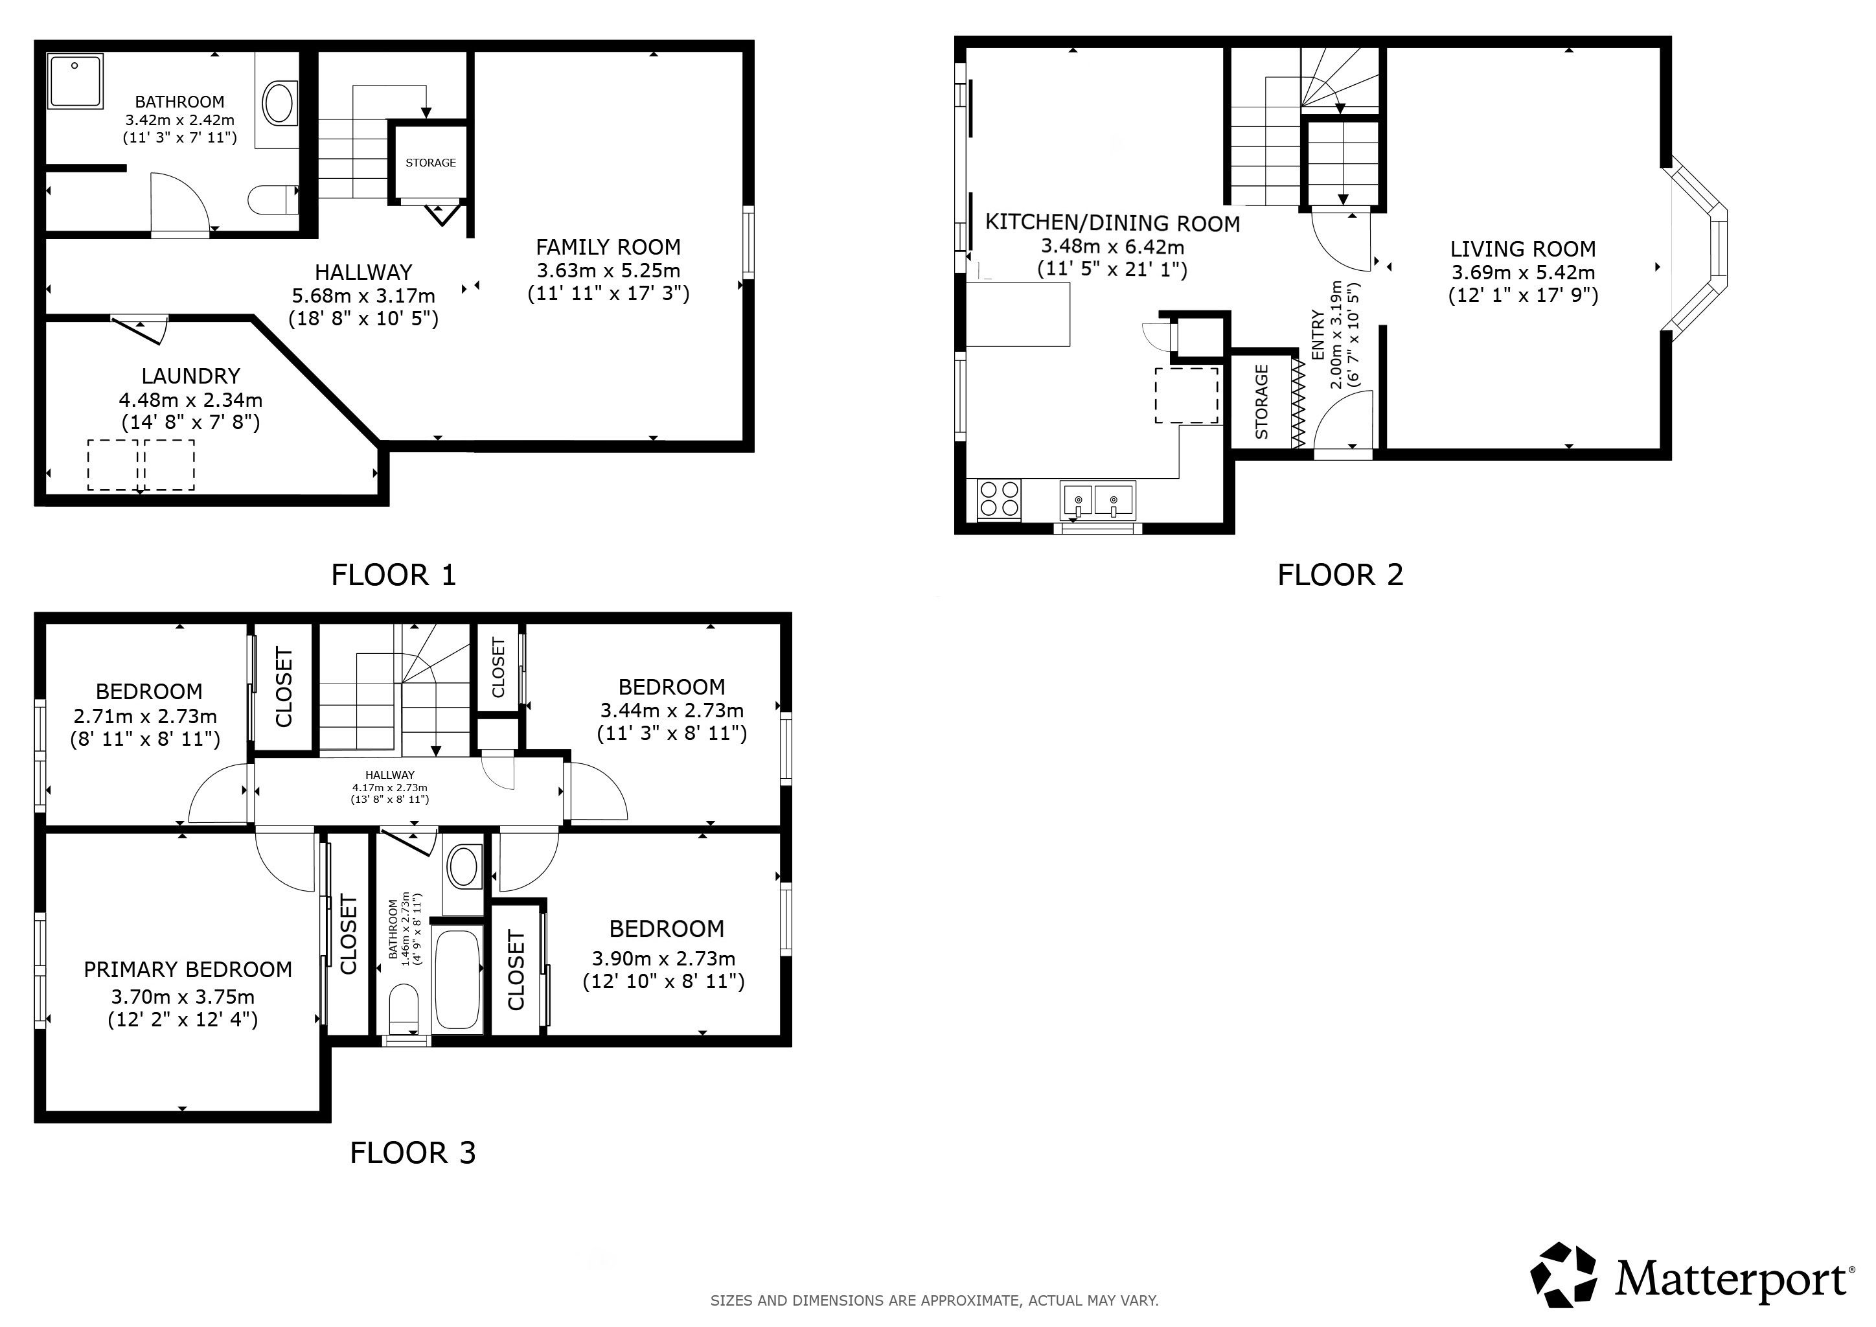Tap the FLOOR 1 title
[x=393, y=575]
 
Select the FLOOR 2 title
[x=1340, y=575]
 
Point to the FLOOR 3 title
[x=413, y=1153]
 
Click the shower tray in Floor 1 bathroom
[x=75, y=81]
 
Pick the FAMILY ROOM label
[x=608, y=247]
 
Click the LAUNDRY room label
[x=190, y=376]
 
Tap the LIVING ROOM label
[x=1523, y=249]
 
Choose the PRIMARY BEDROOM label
[x=188, y=970]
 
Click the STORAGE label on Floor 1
[x=431, y=163]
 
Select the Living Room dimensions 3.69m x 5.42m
[x=1523, y=273]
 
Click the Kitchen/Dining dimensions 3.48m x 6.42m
[x=1112, y=247]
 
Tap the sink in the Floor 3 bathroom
[x=463, y=867]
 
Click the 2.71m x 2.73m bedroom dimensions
[x=146, y=717]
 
